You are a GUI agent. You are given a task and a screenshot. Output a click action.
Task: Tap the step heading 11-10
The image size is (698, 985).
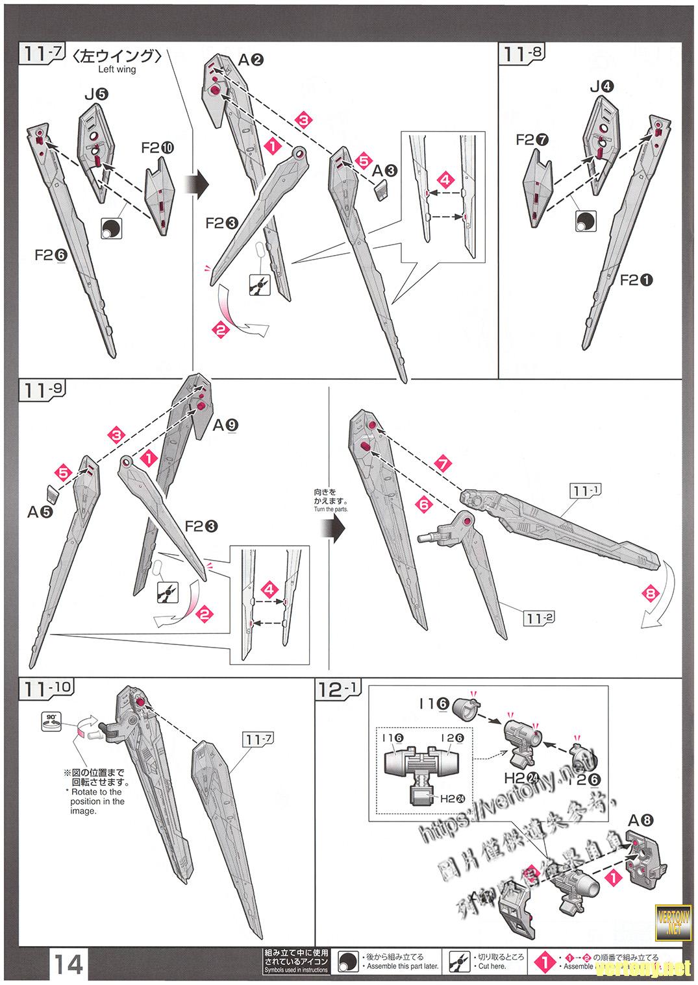pyautogui.click(x=47, y=688)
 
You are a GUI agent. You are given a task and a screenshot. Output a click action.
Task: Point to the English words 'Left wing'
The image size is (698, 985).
pyautogui.click(x=117, y=69)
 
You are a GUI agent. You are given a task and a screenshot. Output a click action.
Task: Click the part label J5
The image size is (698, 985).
pyautogui.click(x=95, y=94)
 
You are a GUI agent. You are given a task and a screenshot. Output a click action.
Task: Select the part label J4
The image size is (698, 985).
pyautogui.click(x=602, y=86)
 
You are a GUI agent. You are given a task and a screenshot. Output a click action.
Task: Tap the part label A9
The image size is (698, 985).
pyautogui.click(x=225, y=425)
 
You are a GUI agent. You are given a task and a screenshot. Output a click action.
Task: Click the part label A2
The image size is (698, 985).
pyautogui.click(x=250, y=60)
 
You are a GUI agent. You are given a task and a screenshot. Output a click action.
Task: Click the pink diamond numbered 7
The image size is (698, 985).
pyautogui.click(x=443, y=465)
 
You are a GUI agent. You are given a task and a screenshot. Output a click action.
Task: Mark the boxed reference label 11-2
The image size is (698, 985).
pyautogui.click(x=538, y=618)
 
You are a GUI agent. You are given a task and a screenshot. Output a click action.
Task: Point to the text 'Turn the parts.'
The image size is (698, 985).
pyautogui.click(x=330, y=509)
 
